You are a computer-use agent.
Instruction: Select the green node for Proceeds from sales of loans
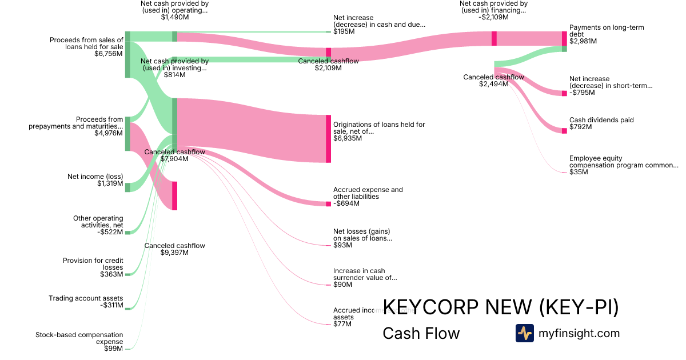(x=127, y=54)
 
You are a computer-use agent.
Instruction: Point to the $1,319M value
(x=110, y=183)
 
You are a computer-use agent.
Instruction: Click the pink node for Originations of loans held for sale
(x=328, y=138)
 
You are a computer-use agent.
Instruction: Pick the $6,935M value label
(x=348, y=138)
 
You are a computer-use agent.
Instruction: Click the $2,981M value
(x=583, y=41)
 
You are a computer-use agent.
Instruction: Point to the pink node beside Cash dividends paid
(x=564, y=131)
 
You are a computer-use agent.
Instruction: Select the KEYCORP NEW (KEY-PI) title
(x=500, y=307)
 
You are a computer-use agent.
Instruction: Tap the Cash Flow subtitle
(x=421, y=333)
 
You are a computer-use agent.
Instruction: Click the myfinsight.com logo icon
(x=524, y=333)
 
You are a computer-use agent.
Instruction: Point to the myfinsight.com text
(x=579, y=333)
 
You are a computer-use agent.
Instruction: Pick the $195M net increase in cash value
(x=344, y=31)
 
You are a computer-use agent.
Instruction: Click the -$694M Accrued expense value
(x=346, y=203)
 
